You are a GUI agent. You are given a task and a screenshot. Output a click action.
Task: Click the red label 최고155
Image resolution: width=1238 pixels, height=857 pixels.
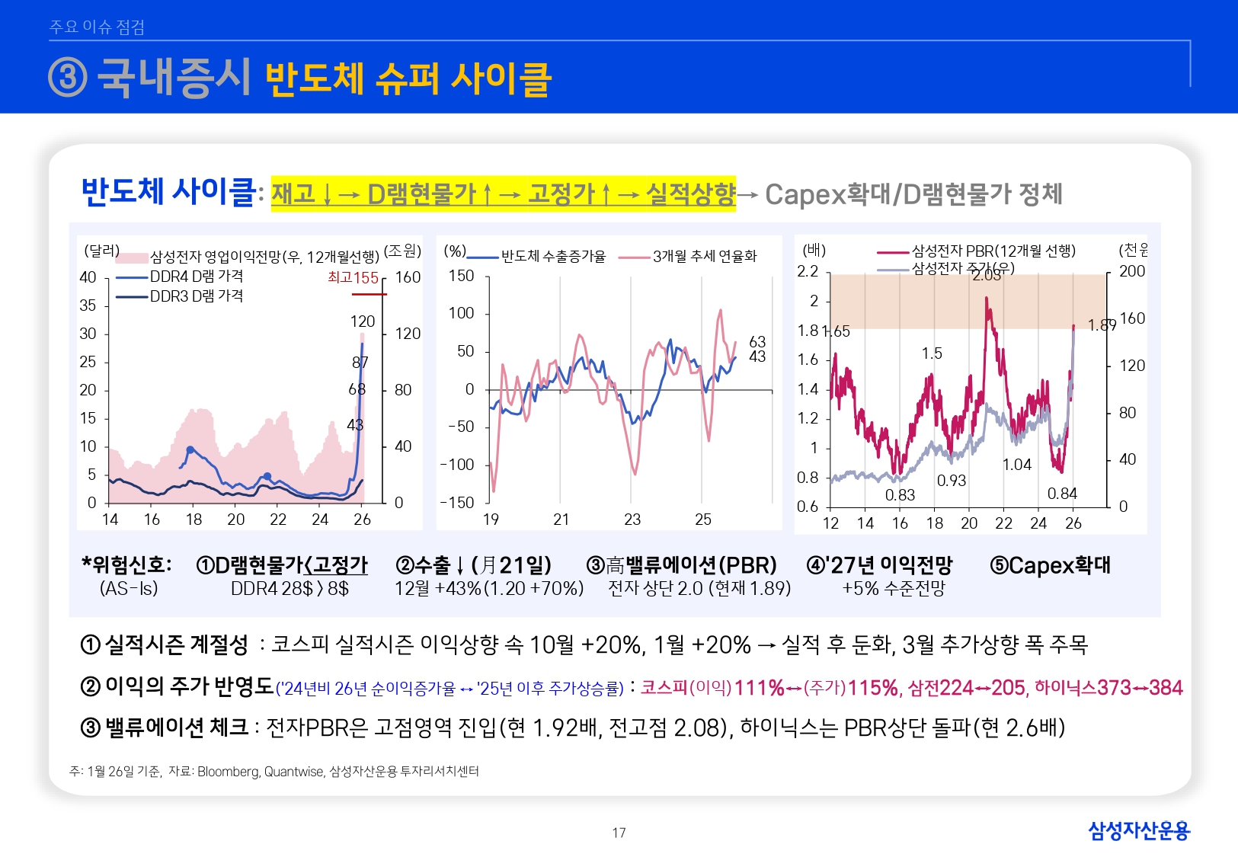(353, 278)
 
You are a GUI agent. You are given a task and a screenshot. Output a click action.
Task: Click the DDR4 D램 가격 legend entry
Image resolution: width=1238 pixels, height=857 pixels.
(196, 277)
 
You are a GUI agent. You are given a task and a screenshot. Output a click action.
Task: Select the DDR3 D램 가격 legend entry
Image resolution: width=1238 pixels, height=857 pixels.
(196, 296)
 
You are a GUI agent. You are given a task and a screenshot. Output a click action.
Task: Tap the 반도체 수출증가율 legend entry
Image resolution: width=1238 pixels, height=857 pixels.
(552, 257)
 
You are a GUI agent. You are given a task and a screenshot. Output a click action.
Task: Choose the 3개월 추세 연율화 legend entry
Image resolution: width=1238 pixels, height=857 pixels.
(704, 257)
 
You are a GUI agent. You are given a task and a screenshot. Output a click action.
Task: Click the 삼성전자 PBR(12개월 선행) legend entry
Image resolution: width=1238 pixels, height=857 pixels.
(993, 251)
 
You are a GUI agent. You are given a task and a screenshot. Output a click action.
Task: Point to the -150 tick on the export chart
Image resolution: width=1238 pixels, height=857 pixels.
(457, 503)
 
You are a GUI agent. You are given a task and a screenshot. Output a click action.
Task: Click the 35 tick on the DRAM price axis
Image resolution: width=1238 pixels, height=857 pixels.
(88, 305)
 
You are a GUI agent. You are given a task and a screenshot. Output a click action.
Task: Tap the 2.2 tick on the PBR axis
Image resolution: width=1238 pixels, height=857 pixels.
(808, 272)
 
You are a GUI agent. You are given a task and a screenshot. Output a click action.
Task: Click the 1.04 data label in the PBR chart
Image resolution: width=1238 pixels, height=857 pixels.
(1016, 465)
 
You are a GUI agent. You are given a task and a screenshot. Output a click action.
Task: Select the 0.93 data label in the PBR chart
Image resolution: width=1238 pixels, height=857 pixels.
(951, 481)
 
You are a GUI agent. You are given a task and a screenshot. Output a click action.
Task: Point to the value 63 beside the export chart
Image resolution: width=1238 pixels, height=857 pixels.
(757, 341)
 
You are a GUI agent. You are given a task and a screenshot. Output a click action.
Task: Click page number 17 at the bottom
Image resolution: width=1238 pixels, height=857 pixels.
(619, 833)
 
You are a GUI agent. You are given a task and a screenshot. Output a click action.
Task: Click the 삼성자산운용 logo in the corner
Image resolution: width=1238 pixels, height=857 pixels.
(1138, 830)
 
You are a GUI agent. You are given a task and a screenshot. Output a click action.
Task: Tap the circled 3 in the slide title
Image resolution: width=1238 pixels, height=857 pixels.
(68, 78)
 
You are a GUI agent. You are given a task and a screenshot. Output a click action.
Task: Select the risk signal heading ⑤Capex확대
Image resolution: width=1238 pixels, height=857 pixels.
(1050, 565)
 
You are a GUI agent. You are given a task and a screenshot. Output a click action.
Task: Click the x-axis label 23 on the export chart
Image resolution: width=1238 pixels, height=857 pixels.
(632, 520)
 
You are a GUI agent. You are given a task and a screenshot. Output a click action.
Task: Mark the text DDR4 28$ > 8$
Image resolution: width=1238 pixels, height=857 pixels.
(290, 589)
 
